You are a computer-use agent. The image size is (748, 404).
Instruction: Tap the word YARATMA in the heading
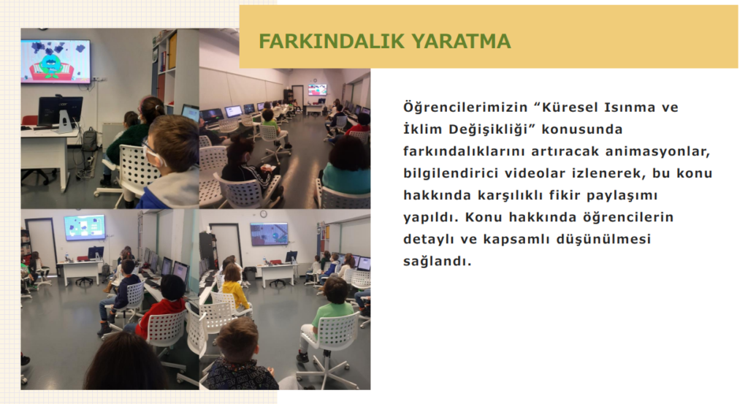[x=459, y=42]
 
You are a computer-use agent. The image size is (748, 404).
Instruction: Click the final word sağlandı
[x=437, y=262]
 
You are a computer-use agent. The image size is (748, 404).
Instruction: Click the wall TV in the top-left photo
[x=56, y=61]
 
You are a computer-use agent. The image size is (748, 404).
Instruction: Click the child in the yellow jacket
[x=234, y=289]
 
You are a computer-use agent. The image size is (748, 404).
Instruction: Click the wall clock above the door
[x=263, y=213]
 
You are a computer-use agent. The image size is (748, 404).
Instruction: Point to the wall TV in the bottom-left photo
[x=85, y=227]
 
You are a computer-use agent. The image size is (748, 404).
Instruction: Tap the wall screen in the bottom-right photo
[x=269, y=234]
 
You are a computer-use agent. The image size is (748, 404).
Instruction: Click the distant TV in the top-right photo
[x=317, y=90]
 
